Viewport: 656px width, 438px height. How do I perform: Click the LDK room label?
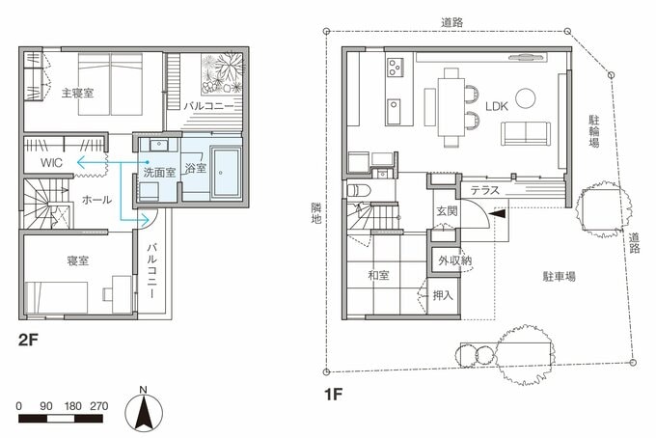click(x=497, y=106)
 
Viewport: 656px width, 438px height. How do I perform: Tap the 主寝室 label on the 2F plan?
click(x=77, y=93)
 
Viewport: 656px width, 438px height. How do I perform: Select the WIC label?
click(x=51, y=162)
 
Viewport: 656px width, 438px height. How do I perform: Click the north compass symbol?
click(x=144, y=410)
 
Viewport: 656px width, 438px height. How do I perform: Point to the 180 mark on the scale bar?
click(x=72, y=406)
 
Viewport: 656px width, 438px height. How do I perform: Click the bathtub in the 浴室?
click(x=227, y=172)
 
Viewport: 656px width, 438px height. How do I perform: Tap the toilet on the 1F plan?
click(x=359, y=190)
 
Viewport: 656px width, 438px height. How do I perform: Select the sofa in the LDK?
click(x=525, y=134)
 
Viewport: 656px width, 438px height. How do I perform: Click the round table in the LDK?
click(x=525, y=97)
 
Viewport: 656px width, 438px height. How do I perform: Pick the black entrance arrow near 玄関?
click(x=498, y=213)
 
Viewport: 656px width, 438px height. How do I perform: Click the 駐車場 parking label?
click(x=559, y=276)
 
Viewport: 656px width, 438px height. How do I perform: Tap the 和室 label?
click(x=378, y=275)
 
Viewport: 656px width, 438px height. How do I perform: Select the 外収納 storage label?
click(x=454, y=260)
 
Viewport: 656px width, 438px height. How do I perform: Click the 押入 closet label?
click(x=443, y=295)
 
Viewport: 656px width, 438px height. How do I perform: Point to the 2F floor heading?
click(x=28, y=340)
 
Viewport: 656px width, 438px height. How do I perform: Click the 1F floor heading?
click(x=334, y=394)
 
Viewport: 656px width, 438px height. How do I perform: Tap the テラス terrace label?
click(x=485, y=190)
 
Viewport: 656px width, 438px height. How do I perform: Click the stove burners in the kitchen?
click(x=395, y=67)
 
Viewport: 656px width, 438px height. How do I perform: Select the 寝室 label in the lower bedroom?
click(x=78, y=260)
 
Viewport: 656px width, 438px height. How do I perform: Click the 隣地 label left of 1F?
click(x=316, y=213)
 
